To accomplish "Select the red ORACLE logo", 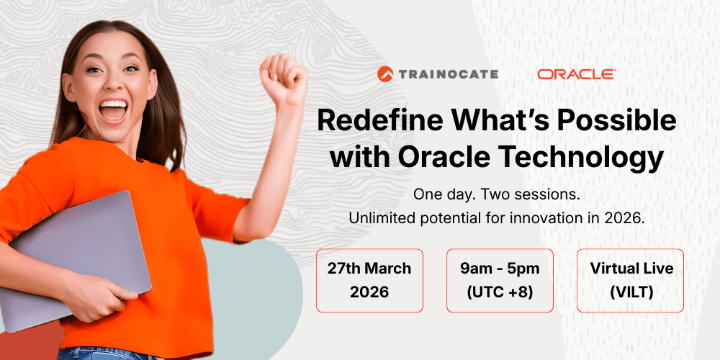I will pyautogui.click(x=576, y=73).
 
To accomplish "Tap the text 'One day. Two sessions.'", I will pyautogui.click(x=497, y=194).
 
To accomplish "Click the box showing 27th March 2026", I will pyautogui.click(x=369, y=280).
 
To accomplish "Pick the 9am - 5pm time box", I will pyautogui.click(x=500, y=280).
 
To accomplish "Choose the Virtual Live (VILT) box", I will pyautogui.click(x=631, y=280).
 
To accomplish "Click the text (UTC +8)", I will pyautogui.click(x=500, y=292).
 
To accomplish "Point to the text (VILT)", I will pyautogui.click(x=631, y=292).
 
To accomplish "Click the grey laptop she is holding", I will pyautogui.click(x=72, y=252).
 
